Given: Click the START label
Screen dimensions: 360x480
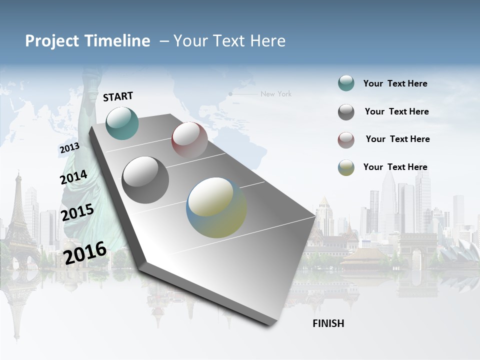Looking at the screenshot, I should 118,96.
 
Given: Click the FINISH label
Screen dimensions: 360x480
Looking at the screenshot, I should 328,323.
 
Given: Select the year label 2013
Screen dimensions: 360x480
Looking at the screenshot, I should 69,148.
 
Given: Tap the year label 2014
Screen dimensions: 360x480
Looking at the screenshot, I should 73,177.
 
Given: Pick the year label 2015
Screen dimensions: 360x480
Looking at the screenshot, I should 77,212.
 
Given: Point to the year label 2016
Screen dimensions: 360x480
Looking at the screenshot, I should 85,253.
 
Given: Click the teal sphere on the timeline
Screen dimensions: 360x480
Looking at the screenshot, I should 122,123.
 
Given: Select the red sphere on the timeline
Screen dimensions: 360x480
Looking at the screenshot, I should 189,139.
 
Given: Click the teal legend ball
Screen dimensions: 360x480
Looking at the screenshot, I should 346,83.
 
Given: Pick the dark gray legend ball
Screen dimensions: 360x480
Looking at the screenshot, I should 346,112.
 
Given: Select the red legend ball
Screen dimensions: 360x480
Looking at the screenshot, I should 346,140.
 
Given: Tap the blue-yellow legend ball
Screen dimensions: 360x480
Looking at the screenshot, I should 346,167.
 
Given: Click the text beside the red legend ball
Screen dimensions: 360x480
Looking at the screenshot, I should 397,139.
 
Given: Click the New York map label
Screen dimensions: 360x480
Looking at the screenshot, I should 275,94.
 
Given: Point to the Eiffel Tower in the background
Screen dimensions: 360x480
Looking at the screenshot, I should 19,215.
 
